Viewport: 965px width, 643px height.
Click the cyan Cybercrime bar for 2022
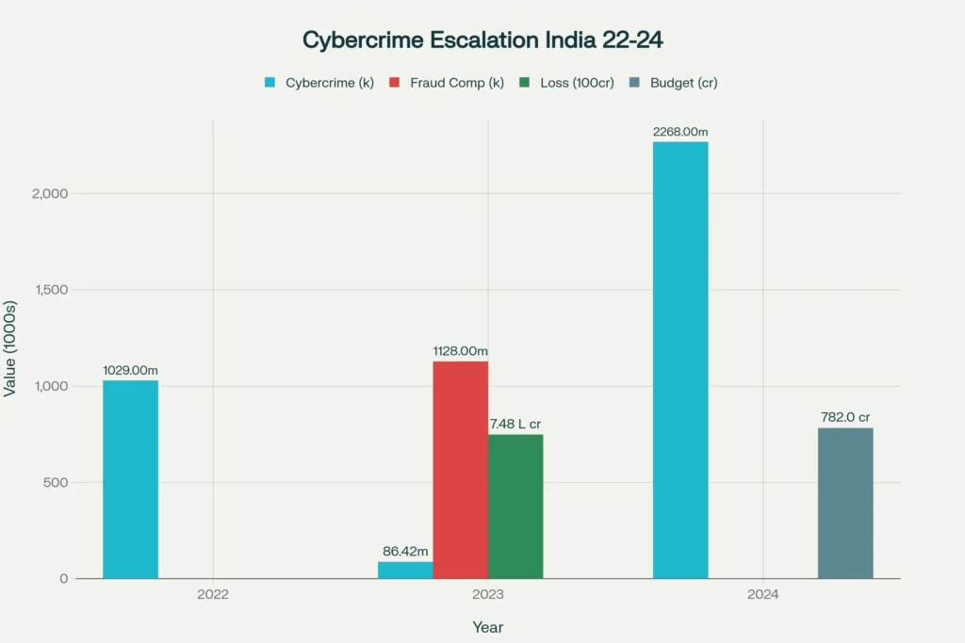pos(130,479)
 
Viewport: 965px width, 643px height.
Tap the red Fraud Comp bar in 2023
pos(460,470)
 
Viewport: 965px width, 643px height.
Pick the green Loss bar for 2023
pos(515,506)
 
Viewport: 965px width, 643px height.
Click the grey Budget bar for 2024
pos(845,504)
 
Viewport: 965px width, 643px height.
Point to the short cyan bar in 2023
pos(405,570)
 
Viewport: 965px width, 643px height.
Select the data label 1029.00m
pos(130,371)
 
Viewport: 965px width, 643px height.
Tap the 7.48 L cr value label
pos(515,425)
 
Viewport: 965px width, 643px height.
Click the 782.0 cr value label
pos(845,418)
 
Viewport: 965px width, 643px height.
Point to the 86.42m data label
pos(405,552)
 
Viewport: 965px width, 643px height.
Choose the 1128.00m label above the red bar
pos(460,351)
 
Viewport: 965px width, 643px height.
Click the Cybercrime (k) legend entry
pos(319,83)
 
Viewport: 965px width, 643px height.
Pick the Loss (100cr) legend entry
pos(567,83)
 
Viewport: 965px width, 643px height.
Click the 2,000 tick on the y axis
pos(50,194)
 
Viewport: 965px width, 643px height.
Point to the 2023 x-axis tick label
pos(488,595)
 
